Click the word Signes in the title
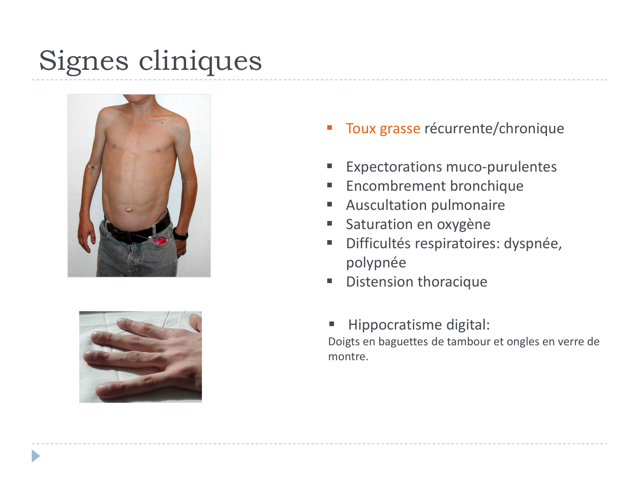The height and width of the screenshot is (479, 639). [x=83, y=61]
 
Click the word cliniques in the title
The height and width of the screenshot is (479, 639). [x=200, y=61]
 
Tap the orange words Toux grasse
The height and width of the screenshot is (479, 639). [x=383, y=128]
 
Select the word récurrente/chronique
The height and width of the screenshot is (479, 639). [x=494, y=128]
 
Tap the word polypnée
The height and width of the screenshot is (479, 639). [x=376, y=263]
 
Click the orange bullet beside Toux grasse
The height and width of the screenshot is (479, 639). [x=330, y=127]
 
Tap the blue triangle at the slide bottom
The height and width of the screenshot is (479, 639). [x=35, y=456]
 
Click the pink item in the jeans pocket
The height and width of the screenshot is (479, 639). [x=160, y=241]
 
